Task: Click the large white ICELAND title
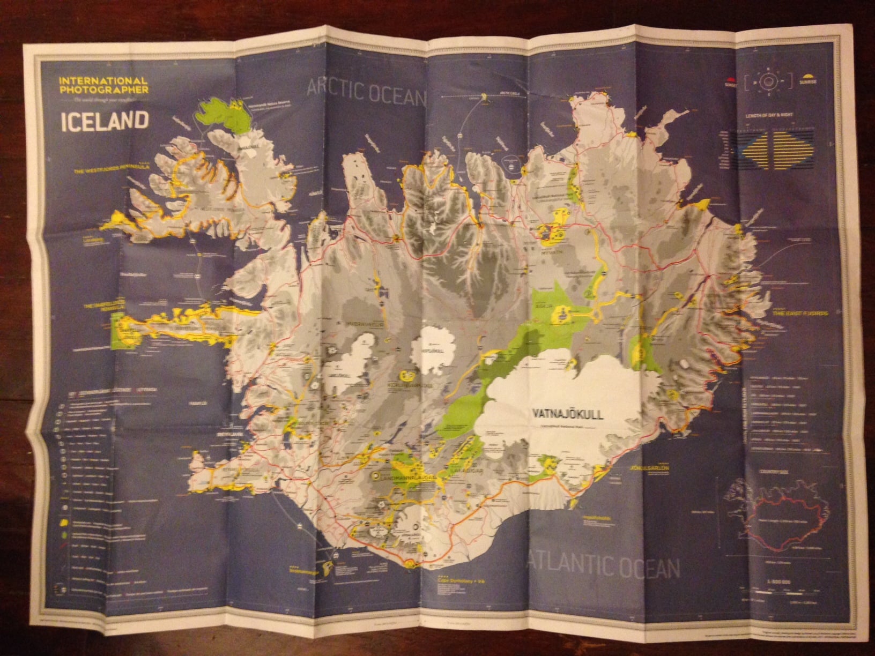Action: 105,121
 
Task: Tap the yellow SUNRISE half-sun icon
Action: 809,79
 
